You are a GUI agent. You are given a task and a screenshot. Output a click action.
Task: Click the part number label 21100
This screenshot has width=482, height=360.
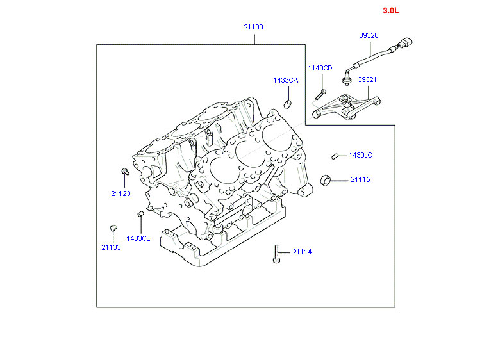pyautogui.click(x=253, y=27)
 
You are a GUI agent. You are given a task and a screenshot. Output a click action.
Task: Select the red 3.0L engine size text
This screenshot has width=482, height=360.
pyautogui.click(x=391, y=11)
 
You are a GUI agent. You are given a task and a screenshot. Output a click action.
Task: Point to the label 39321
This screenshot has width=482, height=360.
pyautogui.click(x=367, y=79)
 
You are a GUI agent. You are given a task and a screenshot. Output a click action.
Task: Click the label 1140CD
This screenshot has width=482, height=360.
pyautogui.click(x=320, y=68)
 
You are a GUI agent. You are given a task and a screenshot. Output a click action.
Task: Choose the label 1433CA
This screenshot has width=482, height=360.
pyautogui.click(x=285, y=80)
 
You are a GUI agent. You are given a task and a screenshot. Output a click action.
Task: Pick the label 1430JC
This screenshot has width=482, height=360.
pyautogui.click(x=360, y=155)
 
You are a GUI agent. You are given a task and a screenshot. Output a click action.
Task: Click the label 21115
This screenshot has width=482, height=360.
pyautogui.click(x=360, y=180)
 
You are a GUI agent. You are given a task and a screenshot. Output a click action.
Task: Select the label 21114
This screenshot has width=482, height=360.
pyautogui.click(x=302, y=252)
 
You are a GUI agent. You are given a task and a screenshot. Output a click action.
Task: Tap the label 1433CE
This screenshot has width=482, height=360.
pyautogui.click(x=138, y=238)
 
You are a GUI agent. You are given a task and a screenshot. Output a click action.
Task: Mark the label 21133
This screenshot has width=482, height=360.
pyautogui.click(x=111, y=247)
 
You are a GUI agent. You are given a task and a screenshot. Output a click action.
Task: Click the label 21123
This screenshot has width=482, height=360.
pyautogui.click(x=120, y=192)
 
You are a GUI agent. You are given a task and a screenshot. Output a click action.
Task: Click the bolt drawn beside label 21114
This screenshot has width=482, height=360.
pyautogui.click(x=276, y=254)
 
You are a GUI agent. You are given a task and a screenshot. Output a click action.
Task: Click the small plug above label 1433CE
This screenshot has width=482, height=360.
pyautogui.click(x=140, y=213)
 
